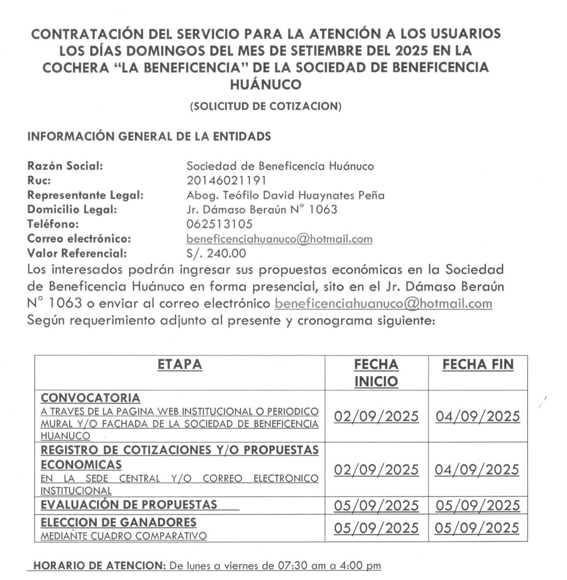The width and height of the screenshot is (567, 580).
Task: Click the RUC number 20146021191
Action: point(226,180)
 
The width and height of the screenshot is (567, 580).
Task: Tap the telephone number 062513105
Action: point(219,224)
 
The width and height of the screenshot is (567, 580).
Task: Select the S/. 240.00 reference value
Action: point(216,253)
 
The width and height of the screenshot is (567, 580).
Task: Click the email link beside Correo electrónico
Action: point(279,239)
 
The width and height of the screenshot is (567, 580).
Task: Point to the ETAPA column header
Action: point(180,364)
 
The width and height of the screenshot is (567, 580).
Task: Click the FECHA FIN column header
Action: point(478,364)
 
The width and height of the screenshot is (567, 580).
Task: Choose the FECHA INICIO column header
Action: point(376,373)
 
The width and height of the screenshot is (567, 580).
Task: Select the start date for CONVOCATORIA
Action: point(376,416)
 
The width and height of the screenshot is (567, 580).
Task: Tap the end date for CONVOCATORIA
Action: point(478,416)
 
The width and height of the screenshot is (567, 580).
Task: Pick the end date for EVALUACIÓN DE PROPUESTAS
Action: point(478,506)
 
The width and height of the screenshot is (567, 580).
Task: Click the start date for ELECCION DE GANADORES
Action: point(376,528)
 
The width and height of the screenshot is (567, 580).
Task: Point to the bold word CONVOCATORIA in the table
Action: point(90,398)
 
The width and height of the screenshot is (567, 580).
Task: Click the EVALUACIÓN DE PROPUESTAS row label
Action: point(129,504)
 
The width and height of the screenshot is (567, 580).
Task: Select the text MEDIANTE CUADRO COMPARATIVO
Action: point(124,536)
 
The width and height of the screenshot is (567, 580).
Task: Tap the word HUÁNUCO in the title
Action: point(266,84)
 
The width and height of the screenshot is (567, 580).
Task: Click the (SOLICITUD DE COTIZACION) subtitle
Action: point(266,106)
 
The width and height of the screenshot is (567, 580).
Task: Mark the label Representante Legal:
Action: point(85,195)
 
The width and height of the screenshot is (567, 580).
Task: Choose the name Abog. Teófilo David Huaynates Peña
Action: point(285,195)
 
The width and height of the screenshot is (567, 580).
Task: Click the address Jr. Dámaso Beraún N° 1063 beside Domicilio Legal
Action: point(262,210)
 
